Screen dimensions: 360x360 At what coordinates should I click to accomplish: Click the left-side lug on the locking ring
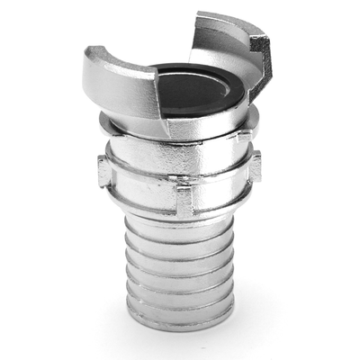tap(103, 170)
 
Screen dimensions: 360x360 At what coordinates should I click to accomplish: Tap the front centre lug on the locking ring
tap(184, 200)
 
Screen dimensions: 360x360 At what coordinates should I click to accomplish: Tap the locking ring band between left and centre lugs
tap(139, 184)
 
